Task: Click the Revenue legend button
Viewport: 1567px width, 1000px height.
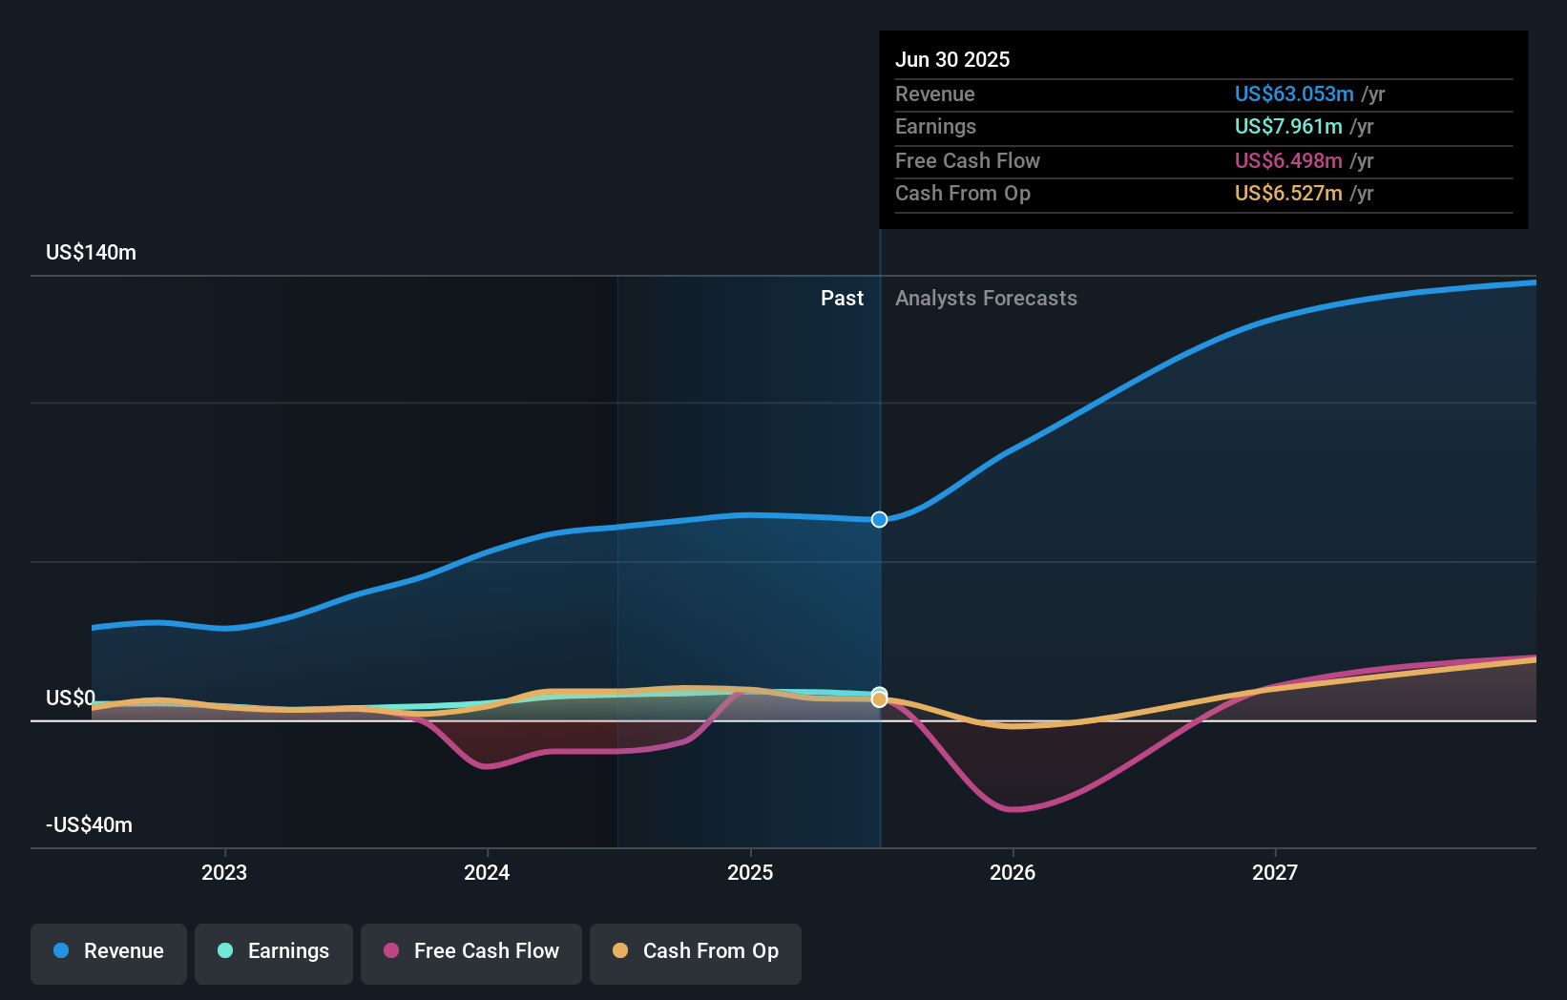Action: click(x=109, y=952)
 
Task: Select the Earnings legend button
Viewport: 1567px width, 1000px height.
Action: click(x=274, y=952)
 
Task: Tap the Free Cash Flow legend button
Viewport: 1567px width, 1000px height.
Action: click(x=471, y=952)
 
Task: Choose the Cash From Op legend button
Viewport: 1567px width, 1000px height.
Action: click(x=696, y=952)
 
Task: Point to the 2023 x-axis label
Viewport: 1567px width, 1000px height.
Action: click(x=224, y=873)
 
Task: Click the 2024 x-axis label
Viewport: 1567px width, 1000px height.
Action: click(x=487, y=873)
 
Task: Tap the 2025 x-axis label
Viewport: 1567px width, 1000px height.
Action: click(x=750, y=873)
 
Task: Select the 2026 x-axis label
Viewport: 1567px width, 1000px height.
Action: click(x=1013, y=873)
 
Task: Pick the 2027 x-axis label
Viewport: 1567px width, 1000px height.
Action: click(x=1275, y=873)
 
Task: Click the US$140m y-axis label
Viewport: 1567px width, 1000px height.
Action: click(x=91, y=253)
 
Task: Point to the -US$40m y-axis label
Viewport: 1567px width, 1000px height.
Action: click(x=89, y=825)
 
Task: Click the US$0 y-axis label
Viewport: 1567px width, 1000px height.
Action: click(x=71, y=698)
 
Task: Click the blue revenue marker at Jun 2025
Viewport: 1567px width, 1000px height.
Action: click(x=880, y=519)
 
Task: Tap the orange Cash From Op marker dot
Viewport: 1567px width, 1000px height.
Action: click(x=880, y=700)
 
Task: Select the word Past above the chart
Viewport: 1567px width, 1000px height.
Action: click(x=842, y=299)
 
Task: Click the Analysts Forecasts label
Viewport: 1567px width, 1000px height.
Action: click(x=986, y=299)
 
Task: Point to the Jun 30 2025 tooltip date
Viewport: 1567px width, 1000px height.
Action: click(x=952, y=60)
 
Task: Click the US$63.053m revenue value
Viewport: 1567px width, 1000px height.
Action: click(x=1293, y=94)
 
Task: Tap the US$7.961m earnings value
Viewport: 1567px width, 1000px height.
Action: click(x=1287, y=127)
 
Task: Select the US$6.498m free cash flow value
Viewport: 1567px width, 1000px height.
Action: click(x=1287, y=161)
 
